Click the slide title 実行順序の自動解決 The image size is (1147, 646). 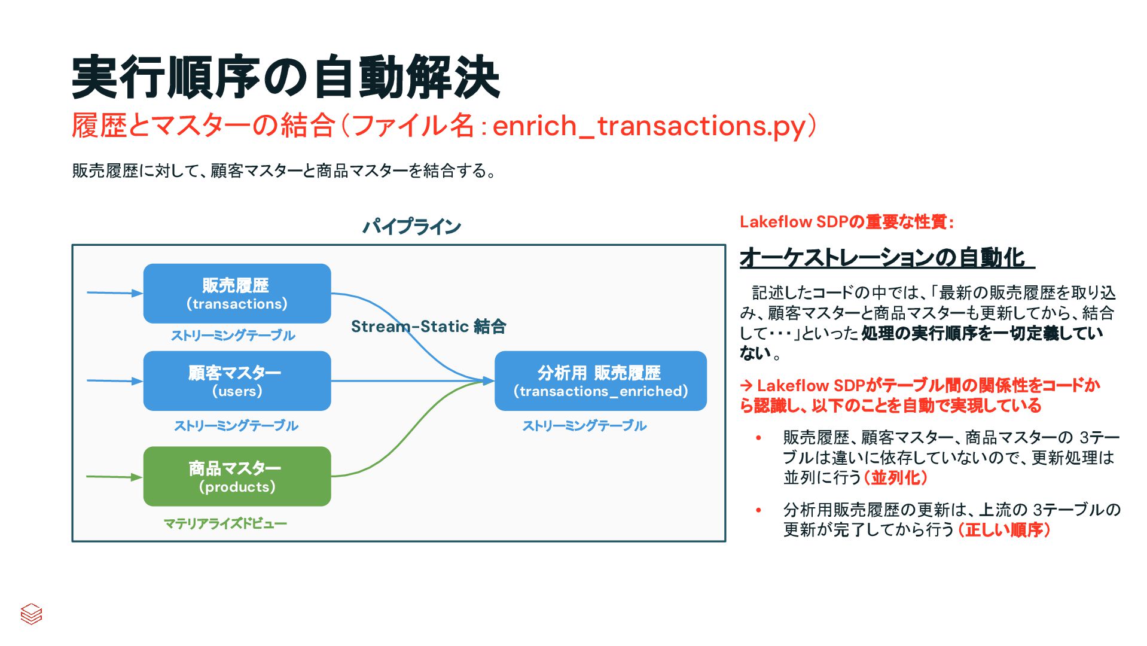285,78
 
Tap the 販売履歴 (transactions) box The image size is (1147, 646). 237,294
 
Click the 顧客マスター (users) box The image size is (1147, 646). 237,381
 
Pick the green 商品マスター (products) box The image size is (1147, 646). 237,477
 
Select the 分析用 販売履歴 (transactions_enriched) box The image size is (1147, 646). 600,381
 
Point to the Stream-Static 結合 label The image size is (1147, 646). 428,327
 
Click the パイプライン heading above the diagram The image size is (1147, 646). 411,227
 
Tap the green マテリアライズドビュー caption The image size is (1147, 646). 225,524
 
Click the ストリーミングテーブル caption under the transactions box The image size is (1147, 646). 233,336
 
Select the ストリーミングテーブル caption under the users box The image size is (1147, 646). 236,426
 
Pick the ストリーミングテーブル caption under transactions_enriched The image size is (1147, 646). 584,426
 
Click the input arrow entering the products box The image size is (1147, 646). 114,477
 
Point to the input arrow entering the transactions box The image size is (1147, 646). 114,293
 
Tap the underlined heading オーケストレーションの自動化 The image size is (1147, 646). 886,258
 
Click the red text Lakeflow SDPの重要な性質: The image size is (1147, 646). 847,222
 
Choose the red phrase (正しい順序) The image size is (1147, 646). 1004,530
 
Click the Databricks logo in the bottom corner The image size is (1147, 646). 31,614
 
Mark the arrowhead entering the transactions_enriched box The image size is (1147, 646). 489,380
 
